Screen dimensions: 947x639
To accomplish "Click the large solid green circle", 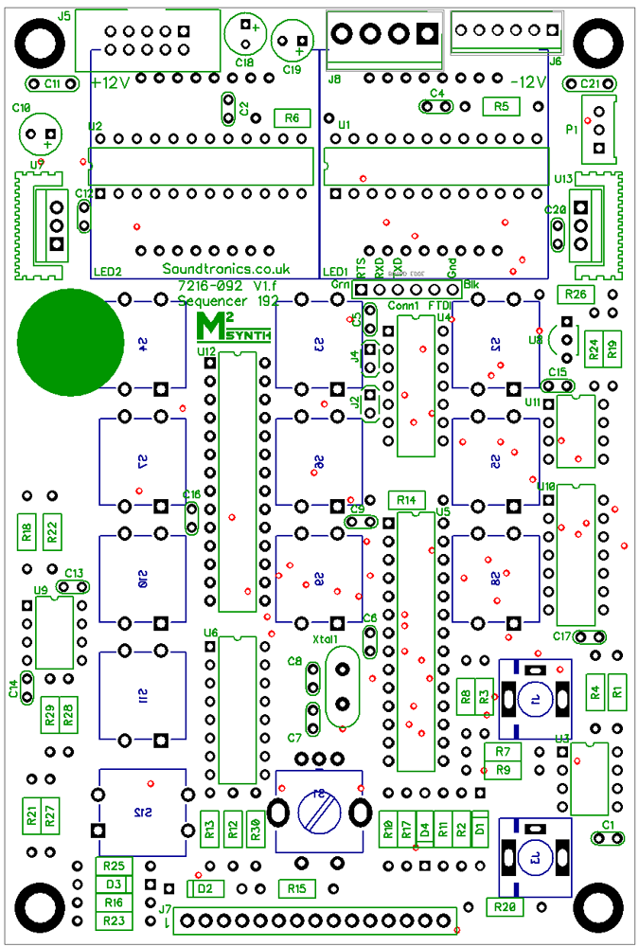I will tap(71, 339).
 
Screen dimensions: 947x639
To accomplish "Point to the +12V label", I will tap(111, 82).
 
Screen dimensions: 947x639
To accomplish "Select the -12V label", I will tap(528, 82).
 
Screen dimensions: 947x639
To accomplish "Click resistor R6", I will tap(292, 117).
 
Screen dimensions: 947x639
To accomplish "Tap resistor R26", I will tap(576, 294).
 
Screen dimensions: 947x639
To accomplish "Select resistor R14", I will tap(407, 499).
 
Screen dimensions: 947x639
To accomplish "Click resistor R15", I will tap(297, 888).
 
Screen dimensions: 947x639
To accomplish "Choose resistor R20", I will tap(506, 906).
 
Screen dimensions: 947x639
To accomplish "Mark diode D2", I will tap(205, 888).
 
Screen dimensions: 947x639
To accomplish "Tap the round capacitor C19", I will tap(293, 42).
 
